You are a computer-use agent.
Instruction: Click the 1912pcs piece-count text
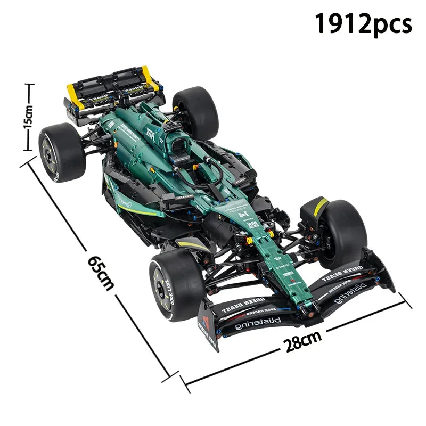363,24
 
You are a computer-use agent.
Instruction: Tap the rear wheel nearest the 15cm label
62,152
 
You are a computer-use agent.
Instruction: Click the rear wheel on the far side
195,112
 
